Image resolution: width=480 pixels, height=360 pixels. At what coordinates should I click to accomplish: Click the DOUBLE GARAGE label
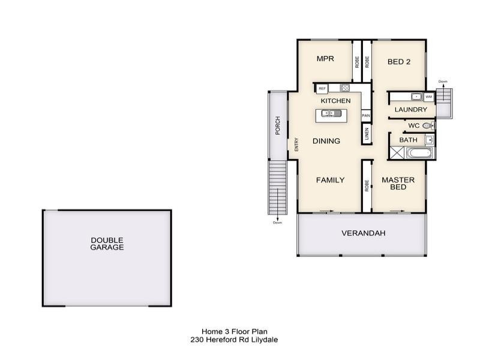pos(107,244)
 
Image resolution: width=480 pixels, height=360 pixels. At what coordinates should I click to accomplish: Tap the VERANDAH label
pos(363,233)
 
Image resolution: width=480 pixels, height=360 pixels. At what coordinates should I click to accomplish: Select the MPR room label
pos(325,59)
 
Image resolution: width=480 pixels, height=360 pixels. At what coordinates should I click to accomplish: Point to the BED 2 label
pos(398,61)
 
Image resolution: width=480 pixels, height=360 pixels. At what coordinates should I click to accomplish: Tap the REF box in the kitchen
pos(322,88)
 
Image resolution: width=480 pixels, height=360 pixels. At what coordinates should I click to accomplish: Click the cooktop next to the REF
pos(345,88)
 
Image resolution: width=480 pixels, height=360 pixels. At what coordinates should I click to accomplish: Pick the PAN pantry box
pos(365,115)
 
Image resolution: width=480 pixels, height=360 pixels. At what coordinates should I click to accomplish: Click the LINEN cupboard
pos(366,133)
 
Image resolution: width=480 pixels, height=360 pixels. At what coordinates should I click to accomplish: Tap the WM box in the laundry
pos(428,97)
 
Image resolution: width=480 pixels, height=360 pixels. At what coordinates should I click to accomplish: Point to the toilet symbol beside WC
pos(427,126)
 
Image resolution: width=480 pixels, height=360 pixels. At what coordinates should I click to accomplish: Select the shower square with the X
pos(397,152)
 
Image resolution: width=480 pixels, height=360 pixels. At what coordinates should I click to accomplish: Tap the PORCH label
pos(278,125)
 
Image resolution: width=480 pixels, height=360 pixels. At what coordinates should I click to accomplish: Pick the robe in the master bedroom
pos(366,185)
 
